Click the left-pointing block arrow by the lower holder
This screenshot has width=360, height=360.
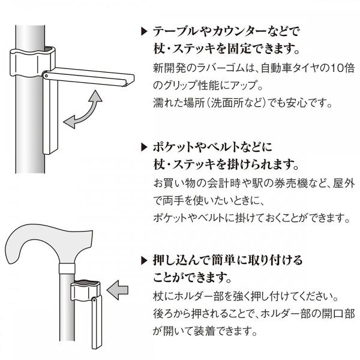coord(118,290)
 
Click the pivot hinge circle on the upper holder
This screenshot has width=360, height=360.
coord(46,76)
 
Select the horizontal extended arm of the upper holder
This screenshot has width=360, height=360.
coord(89,77)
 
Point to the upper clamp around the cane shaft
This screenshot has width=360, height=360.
coord(32,61)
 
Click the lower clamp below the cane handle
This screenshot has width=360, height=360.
coord(85,292)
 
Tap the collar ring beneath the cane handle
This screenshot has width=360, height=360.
coord(67,269)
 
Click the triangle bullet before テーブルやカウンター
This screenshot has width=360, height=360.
coord(144,31)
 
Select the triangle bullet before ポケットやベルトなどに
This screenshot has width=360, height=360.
coord(144,147)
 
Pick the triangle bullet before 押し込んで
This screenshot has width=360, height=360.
coord(144,260)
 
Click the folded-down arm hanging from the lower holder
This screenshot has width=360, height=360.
coord(97,323)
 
